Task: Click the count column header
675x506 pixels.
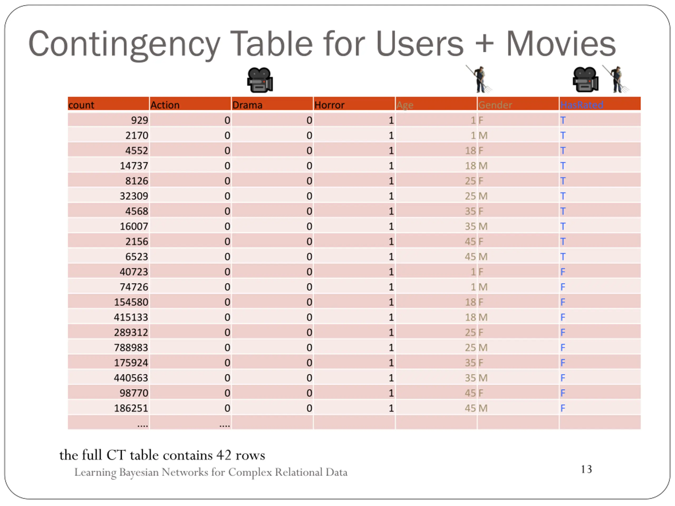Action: point(81,105)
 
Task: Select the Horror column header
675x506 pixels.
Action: point(329,105)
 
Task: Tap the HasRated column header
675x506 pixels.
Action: point(582,105)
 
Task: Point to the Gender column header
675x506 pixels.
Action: point(495,105)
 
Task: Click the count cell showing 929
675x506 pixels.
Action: point(139,120)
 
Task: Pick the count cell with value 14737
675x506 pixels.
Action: point(134,166)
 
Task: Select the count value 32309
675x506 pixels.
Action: point(134,196)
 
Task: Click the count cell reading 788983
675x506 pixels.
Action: point(131,347)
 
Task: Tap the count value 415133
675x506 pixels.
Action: point(131,317)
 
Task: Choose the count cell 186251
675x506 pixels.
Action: point(131,408)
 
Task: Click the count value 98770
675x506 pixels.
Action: point(134,393)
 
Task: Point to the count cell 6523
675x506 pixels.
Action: point(136,256)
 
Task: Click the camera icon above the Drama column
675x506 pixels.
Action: point(260,80)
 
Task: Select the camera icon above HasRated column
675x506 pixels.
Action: point(585,80)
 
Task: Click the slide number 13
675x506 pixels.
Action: point(586,469)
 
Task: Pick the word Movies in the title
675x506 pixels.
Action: point(561,44)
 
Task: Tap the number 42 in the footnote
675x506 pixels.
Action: point(224,455)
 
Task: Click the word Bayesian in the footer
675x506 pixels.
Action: point(139,472)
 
